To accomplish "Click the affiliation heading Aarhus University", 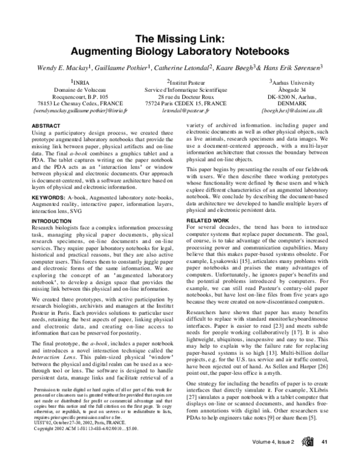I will pyautogui.click(x=294, y=82).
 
